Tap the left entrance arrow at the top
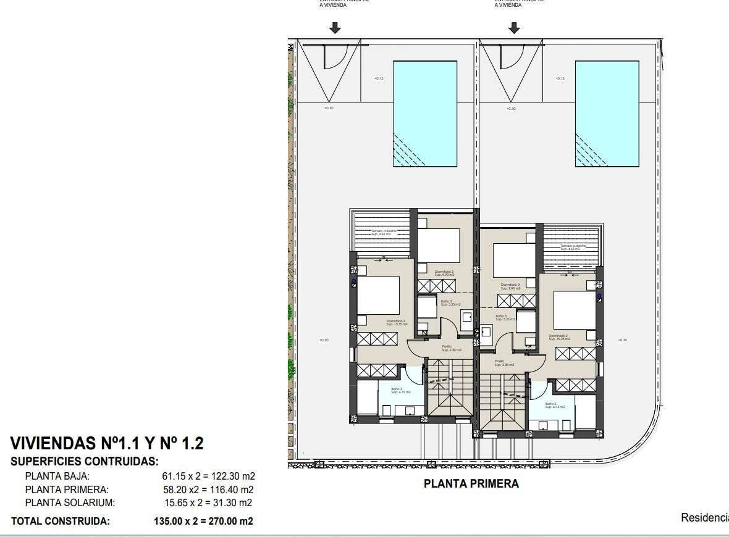pos(334,28)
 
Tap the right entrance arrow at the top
pos(513,28)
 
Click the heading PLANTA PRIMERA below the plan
pos(471,484)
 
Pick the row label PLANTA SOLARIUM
pos(69,503)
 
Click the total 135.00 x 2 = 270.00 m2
pos(203,521)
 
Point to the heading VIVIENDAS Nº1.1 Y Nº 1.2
pos(107,444)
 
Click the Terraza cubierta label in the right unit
pos(572,246)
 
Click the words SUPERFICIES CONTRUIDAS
pos(85,461)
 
